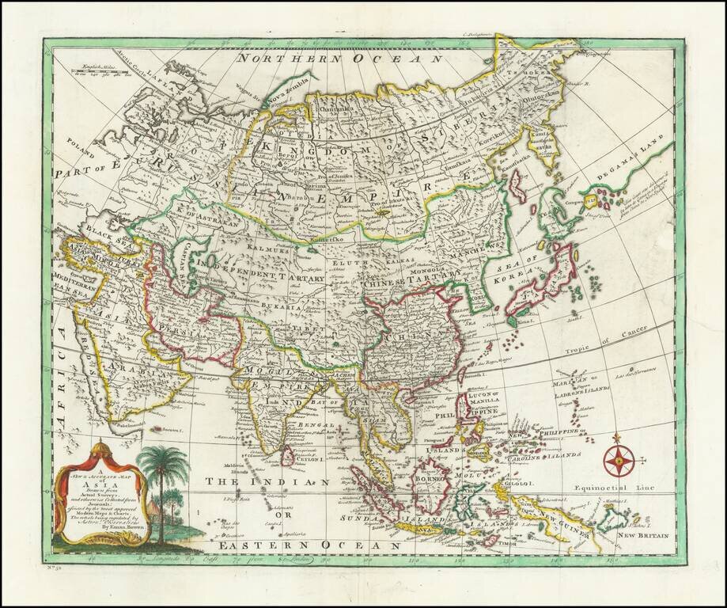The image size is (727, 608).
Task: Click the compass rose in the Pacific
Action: pos(618,458)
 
